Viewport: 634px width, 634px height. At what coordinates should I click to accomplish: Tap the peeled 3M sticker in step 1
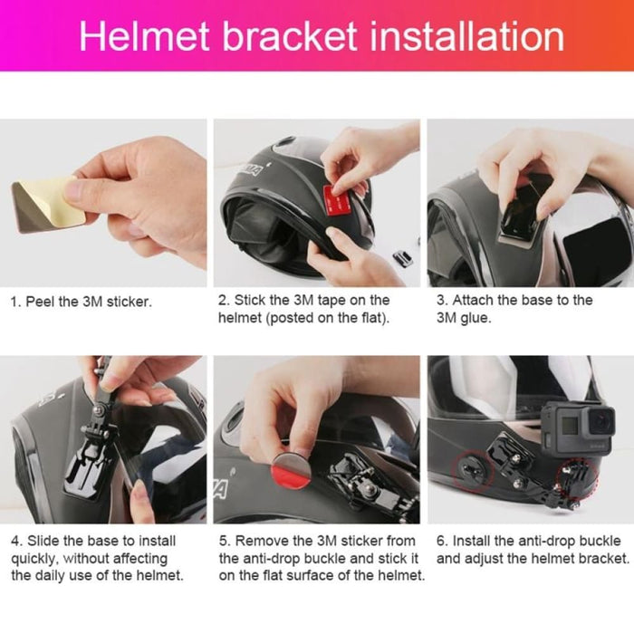(45, 204)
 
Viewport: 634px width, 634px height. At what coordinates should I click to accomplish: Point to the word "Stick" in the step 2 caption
(251, 300)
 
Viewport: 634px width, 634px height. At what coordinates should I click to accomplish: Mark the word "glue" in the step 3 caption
(478, 318)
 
